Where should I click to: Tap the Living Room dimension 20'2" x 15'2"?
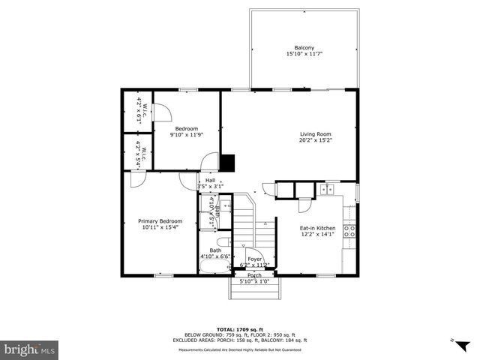316,139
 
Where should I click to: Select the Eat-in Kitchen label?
317,228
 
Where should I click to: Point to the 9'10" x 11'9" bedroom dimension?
187,135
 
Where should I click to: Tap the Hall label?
210,180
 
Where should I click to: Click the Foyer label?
254,259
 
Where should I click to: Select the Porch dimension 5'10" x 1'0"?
254,281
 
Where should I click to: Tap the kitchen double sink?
327,190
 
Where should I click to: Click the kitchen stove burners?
349,231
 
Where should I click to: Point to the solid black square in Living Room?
228,163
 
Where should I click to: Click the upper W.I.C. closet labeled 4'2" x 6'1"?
139,111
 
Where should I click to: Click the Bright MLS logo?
30,349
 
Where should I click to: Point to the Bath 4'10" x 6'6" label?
215,253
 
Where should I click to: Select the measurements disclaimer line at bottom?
239,349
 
